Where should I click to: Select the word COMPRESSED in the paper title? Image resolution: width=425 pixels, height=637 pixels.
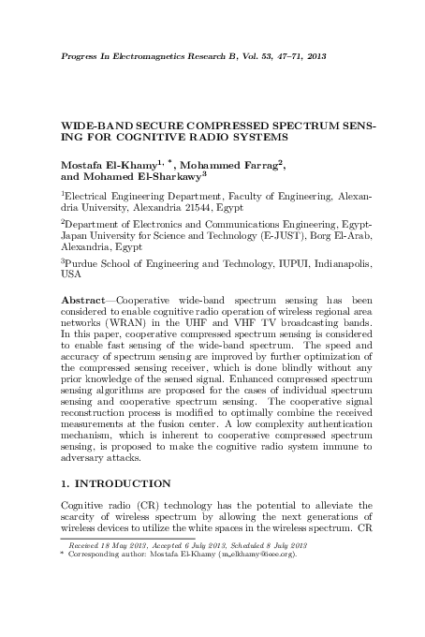(x=240, y=124)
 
